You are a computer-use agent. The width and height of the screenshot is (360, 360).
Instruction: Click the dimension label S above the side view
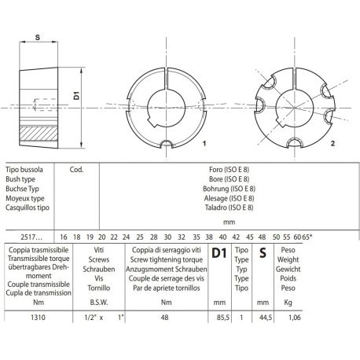pos(38,35)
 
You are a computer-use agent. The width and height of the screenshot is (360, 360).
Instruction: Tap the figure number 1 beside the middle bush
pos(204,145)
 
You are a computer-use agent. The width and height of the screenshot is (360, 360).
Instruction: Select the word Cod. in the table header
pos(77,168)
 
